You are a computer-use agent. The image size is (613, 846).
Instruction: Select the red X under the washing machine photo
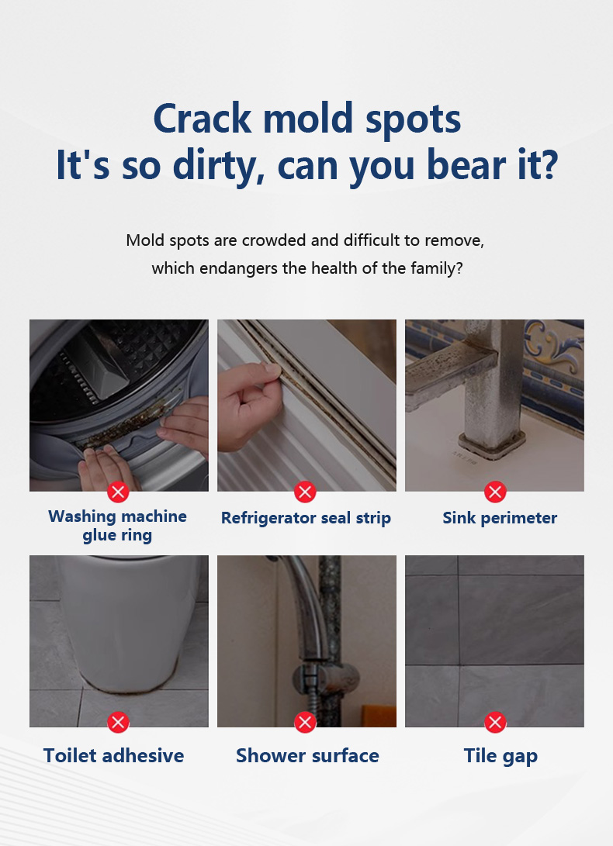click(x=118, y=492)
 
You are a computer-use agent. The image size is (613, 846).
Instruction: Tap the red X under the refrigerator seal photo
click(x=305, y=492)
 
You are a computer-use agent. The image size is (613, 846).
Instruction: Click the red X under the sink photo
click(x=495, y=492)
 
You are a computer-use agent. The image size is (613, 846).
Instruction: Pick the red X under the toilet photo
click(x=118, y=723)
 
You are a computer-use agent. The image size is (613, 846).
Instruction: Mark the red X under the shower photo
click(x=305, y=723)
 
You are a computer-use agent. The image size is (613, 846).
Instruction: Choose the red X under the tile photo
click(x=495, y=723)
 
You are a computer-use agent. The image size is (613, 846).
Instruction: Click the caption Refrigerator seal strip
click(x=306, y=518)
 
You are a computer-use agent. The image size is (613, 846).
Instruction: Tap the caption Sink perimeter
click(x=500, y=518)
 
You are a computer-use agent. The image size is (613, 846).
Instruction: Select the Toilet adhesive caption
click(x=113, y=755)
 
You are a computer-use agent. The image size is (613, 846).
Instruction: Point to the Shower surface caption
click(x=307, y=755)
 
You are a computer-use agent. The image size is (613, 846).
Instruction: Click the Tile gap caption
click(x=500, y=756)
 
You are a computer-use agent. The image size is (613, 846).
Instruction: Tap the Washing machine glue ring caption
click(x=117, y=526)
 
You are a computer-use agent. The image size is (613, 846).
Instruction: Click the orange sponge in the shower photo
click(x=379, y=716)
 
